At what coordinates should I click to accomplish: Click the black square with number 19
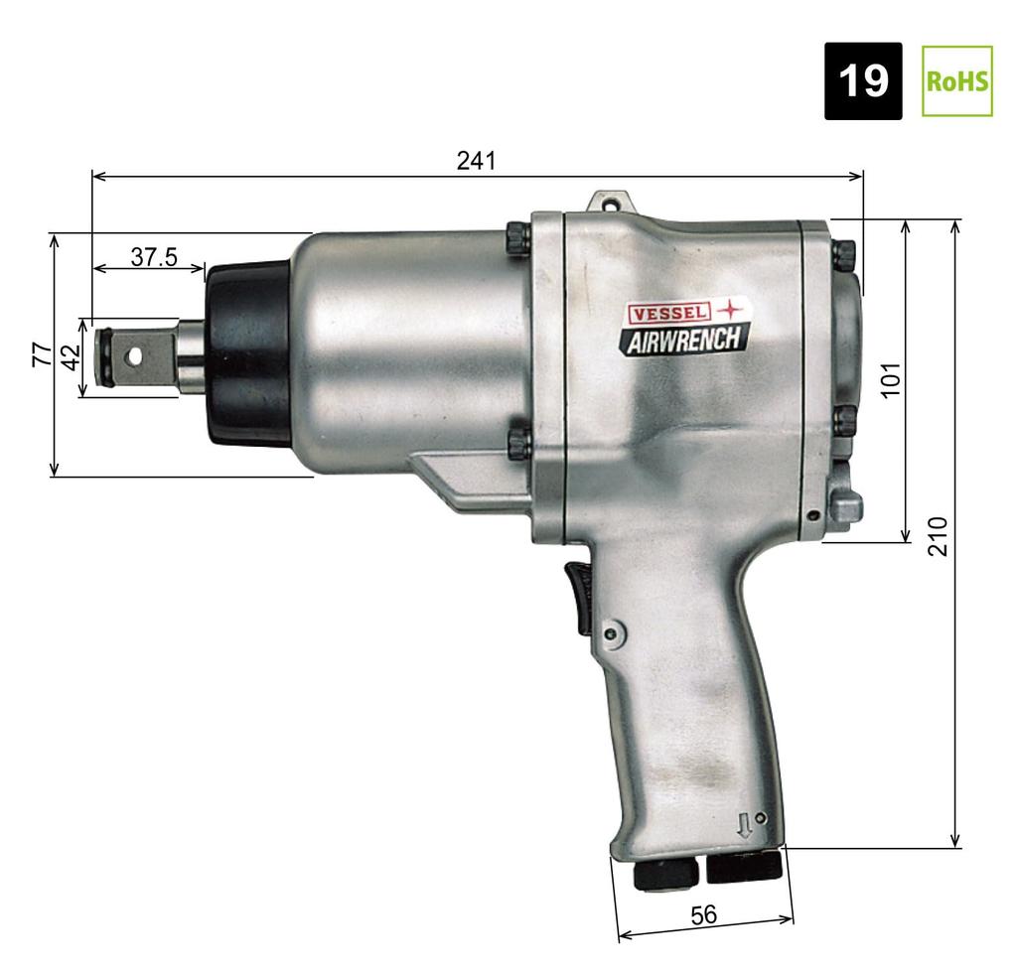(863, 80)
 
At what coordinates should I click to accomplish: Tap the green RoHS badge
(957, 80)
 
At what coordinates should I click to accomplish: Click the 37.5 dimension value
(154, 257)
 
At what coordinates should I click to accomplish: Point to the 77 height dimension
(40, 354)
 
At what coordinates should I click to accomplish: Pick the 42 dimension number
(70, 357)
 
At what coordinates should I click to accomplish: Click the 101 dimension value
(891, 379)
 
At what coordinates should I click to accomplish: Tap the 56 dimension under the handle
(703, 915)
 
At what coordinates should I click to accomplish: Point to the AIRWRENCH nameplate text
(682, 340)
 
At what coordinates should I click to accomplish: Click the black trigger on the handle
(579, 596)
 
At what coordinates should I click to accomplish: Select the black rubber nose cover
(246, 354)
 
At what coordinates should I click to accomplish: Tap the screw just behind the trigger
(613, 629)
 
